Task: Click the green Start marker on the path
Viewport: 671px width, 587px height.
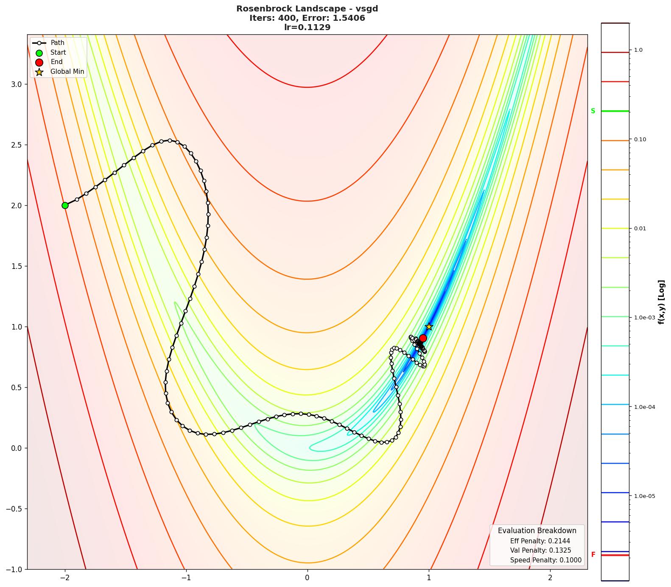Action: tap(65, 205)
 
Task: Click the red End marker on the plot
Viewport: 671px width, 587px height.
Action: tap(423, 338)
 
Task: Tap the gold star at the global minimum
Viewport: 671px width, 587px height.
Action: tap(429, 327)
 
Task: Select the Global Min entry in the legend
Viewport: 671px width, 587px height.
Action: tap(67, 72)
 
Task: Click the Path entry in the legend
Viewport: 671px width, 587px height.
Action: tap(57, 43)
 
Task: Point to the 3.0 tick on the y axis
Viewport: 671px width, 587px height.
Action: tap(16, 84)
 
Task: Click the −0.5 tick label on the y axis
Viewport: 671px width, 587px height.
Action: tap(14, 509)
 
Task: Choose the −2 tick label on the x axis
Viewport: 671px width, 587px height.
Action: tap(64, 578)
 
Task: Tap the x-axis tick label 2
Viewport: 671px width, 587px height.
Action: tap(550, 578)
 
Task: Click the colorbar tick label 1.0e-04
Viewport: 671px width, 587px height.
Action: tap(644, 407)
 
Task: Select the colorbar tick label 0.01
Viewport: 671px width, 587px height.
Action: tap(640, 229)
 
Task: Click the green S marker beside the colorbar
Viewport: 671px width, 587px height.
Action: tap(593, 111)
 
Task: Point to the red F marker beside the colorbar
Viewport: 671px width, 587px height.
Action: tap(593, 554)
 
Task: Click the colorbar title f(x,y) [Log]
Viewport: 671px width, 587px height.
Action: tap(661, 302)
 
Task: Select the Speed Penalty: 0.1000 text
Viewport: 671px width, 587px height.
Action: tap(545, 560)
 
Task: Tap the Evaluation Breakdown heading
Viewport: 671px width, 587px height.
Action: tap(537, 531)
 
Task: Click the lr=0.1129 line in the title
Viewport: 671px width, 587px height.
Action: tap(307, 28)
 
